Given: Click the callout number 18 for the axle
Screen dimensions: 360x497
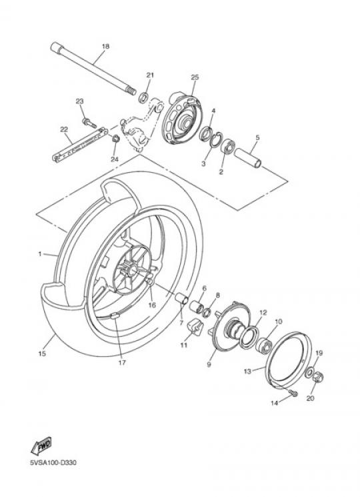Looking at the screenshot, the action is [x=105, y=46].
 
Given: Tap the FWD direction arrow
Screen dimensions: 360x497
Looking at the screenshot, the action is [x=41, y=446].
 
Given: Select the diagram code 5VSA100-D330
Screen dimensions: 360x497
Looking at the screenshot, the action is [x=53, y=462].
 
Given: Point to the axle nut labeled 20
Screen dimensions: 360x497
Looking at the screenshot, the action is [x=318, y=377].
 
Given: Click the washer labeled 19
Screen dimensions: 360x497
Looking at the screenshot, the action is [x=309, y=372].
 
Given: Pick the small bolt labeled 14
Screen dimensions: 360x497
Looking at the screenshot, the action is [x=293, y=394].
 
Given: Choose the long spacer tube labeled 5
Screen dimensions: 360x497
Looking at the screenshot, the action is [x=247, y=158].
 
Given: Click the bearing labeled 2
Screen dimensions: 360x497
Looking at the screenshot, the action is [x=227, y=146].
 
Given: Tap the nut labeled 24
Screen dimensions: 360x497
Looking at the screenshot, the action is [x=116, y=139].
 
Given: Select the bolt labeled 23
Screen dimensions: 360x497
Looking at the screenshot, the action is [x=89, y=123].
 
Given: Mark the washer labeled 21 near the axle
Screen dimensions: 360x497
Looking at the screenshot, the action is [x=143, y=97].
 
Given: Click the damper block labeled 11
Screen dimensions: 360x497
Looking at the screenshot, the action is [x=195, y=328].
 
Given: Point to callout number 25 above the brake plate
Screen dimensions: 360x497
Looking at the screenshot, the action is [x=195, y=77].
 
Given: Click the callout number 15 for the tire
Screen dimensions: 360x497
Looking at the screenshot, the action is [x=42, y=354].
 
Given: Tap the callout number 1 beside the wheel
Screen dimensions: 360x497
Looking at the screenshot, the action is [x=40, y=254].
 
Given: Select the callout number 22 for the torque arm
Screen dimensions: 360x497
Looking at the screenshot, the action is [x=64, y=129].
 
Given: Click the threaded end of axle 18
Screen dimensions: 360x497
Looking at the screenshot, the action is [x=131, y=90].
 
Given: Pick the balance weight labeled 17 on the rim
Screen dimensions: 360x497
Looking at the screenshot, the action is [x=114, y=316].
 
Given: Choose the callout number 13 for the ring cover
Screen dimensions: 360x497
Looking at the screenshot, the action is [x=247, y=371].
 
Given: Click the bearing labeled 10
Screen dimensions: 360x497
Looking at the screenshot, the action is [x=263, y=346].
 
